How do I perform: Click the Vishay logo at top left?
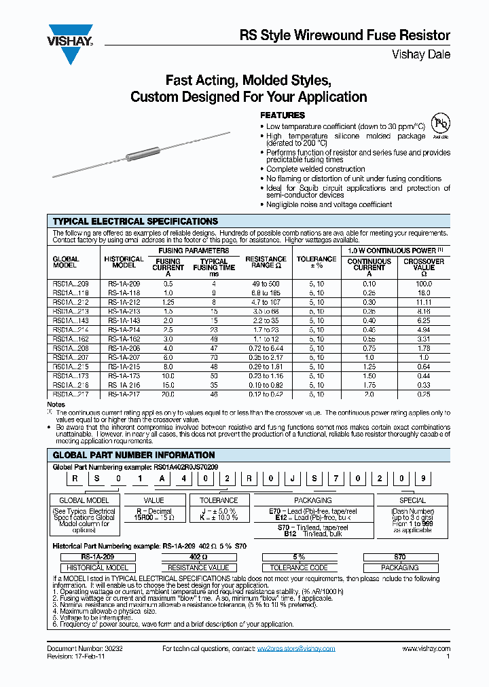click(69, 35)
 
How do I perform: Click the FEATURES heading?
click(283, 115)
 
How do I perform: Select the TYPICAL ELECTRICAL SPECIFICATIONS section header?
click(136, 221)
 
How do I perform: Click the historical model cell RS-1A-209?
click(124, 283)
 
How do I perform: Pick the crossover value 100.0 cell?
click(424, 283)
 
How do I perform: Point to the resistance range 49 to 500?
click(266, 283)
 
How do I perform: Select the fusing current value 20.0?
click(168, 394)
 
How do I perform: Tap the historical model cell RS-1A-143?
click(124, 320)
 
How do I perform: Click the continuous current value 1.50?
click(369, 375)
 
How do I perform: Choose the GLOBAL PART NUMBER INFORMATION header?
click(134, 455)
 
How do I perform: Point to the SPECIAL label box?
click(412, 500)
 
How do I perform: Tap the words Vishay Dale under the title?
click(421, 54)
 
